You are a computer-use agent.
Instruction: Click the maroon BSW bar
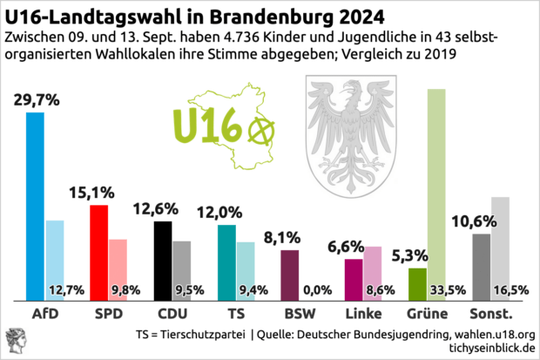pos(290,275)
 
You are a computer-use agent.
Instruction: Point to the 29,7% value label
pos(37,100)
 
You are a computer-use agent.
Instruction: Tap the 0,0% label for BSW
pos(311,290)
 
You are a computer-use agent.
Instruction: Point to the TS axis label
pos(235,313)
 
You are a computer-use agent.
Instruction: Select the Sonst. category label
pos(489,313)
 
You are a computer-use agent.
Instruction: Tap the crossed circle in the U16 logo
pos(260,131)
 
